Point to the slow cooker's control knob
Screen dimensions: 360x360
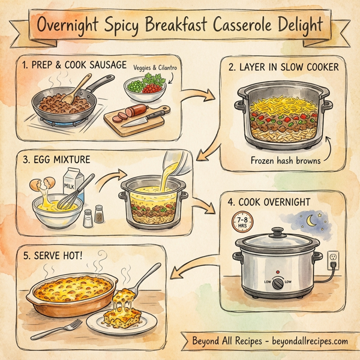(277, 286)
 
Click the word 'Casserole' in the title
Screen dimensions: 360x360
(239, 26)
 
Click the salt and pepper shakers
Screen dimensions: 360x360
(92, 217)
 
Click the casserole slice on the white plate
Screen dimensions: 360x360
(122, 317)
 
